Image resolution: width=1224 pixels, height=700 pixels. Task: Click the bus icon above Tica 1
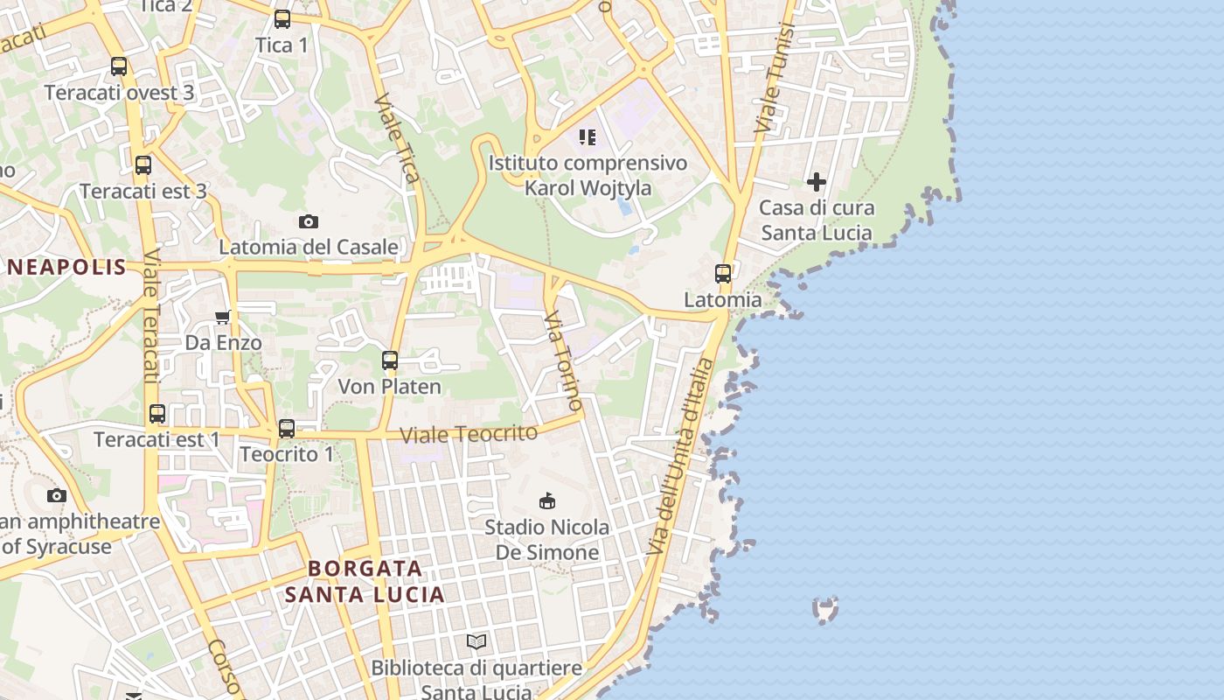[x=282, y=19]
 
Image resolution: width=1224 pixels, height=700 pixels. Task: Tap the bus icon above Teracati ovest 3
[x=119, y=66]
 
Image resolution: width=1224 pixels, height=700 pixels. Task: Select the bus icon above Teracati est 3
[x=143, y=164]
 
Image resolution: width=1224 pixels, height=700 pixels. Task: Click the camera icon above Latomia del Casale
[x=308, y=222]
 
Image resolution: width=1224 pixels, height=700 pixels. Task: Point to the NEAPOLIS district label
[x=67, y=268]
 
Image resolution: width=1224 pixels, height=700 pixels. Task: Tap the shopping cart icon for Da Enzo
[x=223, y=317]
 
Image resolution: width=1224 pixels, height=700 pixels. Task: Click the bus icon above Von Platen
[x=390, y=360]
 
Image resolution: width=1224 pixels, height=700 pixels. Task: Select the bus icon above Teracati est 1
[x=157, y=414]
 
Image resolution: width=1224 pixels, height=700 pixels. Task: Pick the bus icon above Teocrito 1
[x=287, y=429]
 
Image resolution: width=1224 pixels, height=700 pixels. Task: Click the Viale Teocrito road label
[x=469, y=433]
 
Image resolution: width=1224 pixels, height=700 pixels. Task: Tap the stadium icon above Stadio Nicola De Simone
[x=547, y=501]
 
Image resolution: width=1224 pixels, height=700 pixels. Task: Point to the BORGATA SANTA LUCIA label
[x=365, y=582]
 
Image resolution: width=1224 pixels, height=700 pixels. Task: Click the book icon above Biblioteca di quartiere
[x=476, y=642]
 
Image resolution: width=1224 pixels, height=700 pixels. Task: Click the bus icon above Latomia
[x=723, y=274]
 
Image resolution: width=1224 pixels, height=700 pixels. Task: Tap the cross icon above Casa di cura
[x=817, y=182]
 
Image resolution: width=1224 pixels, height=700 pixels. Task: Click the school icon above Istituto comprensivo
[x=588, y=137]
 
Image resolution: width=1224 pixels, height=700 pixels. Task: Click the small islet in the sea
[x=825, y=608]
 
